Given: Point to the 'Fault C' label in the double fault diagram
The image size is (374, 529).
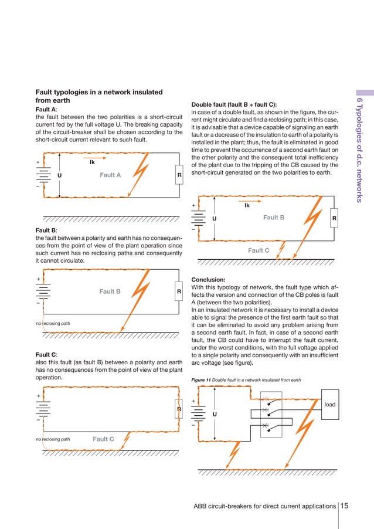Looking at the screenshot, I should [259, 250].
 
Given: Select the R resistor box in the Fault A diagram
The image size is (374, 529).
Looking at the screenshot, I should [179, 175].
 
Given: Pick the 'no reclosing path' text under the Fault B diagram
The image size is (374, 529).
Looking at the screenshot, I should [53, 323].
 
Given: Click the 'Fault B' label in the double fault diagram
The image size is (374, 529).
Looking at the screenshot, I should [274, 218].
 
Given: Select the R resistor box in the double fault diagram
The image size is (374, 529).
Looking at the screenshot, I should [334, 218].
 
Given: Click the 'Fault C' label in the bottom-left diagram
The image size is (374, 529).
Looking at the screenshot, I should [103, 439].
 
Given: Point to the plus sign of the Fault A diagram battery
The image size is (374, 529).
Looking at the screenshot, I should [38, 162].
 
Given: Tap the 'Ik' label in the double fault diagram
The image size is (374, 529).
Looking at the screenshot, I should [247, 206].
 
